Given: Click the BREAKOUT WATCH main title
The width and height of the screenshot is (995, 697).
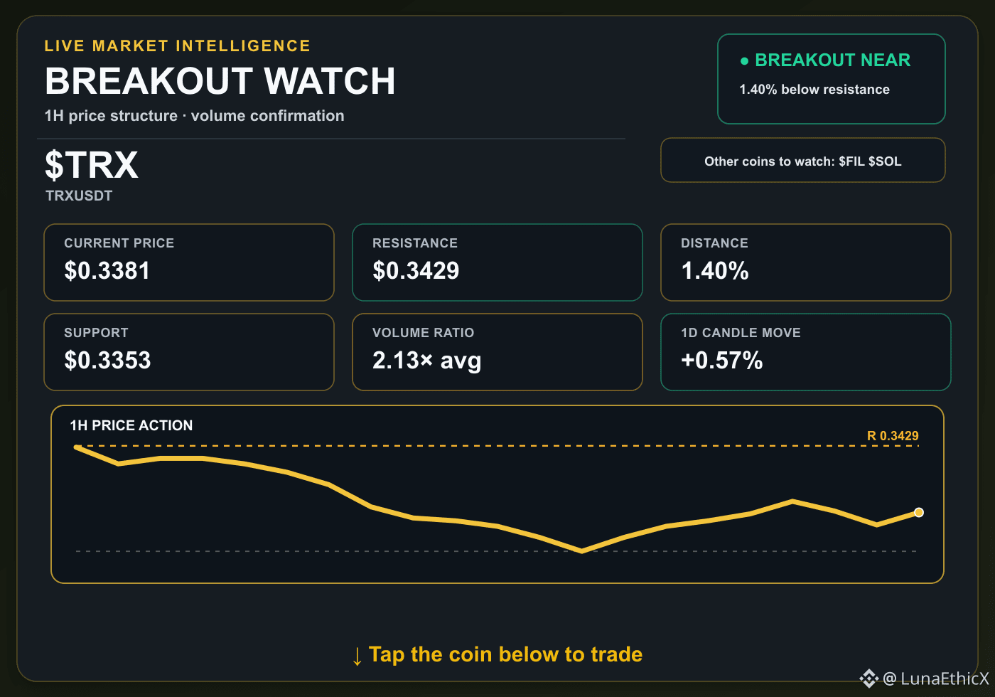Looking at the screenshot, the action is (220, 81).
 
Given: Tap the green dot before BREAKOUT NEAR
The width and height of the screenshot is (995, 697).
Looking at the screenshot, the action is (745, 61).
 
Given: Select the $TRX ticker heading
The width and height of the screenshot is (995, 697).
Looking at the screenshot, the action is (92, 165).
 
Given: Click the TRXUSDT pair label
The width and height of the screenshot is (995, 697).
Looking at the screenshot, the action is (79, 196).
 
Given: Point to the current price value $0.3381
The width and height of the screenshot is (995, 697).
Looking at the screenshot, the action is (107, 270).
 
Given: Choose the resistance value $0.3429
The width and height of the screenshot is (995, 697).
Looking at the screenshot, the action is (416, 270).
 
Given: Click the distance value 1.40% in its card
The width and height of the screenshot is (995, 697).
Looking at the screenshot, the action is (715, 270).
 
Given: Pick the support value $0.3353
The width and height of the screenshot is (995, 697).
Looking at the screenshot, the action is (107, 360).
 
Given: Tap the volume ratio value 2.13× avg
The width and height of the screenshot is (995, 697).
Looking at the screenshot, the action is (427, 361).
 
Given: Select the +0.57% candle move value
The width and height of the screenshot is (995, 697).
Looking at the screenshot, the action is (722, 360).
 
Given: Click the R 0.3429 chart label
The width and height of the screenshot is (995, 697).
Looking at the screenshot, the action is (893, 435).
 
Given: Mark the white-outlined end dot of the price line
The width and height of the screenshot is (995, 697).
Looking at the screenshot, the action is (919, 513).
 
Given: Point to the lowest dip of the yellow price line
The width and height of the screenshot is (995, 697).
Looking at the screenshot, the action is (581, 551).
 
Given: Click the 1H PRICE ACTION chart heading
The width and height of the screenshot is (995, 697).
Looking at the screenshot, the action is (131, 425).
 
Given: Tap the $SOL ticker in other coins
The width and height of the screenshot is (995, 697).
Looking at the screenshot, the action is (885, 161).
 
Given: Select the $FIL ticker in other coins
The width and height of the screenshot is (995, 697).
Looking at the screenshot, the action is (851, 161).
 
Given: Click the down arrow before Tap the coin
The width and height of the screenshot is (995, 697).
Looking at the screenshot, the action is (357, 656).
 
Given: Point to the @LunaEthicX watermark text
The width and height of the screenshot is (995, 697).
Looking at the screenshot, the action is (936, 679).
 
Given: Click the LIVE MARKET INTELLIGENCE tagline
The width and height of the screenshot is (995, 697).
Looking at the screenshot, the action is (177, 46).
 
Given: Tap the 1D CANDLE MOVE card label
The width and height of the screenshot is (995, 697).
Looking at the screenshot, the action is (741, 333).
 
